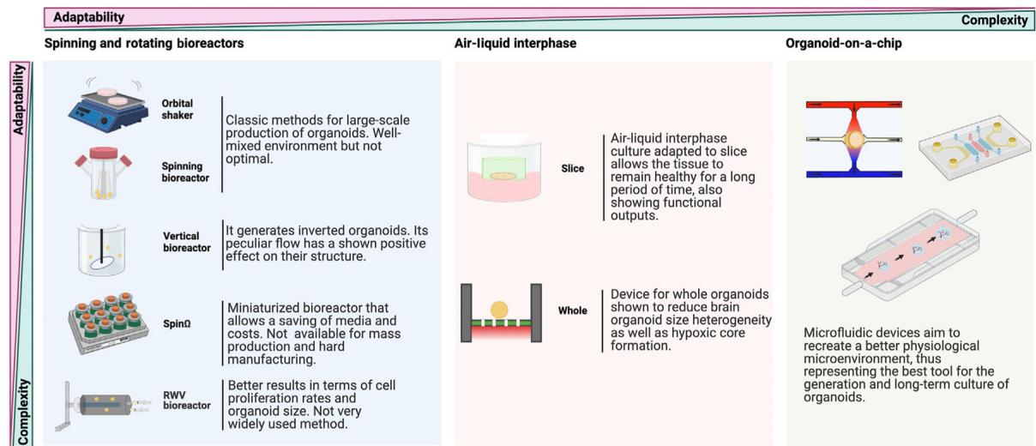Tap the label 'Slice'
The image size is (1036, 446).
572,169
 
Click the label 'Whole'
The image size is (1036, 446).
573,310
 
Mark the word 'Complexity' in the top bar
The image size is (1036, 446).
994,20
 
